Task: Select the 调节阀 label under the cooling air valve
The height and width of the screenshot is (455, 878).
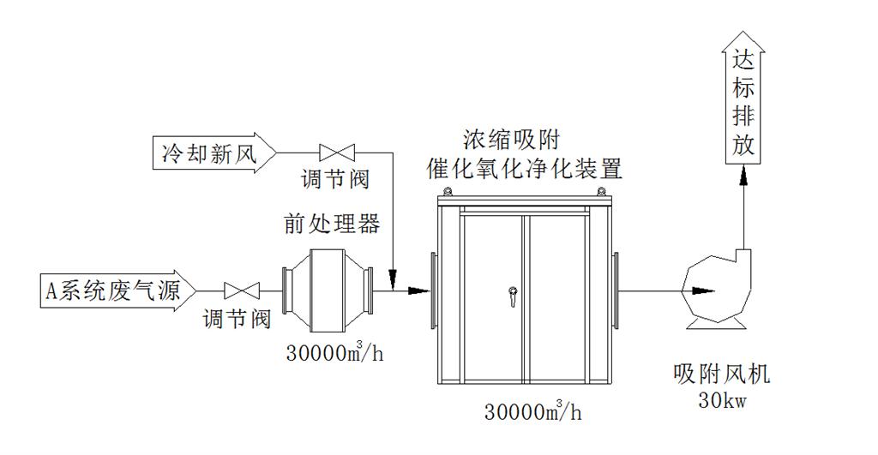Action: pos(334,181)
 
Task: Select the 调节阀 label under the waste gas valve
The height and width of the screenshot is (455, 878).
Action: pos(237,320)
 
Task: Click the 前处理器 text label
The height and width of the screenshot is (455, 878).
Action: pos(332,224)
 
